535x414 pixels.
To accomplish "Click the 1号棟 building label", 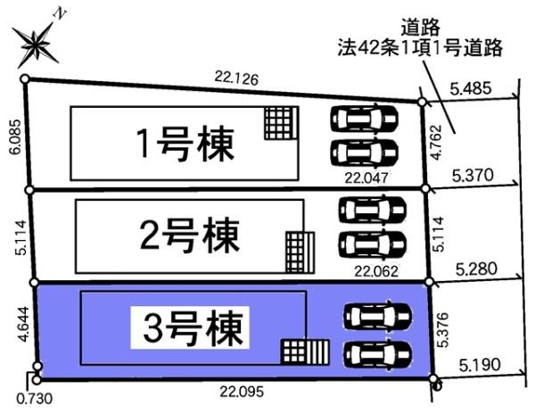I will (185, 144).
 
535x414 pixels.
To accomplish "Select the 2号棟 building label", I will (190, 236).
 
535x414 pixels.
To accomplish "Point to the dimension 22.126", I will (236, 79).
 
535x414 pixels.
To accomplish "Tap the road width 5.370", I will (473, 176).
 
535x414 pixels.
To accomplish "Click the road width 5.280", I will (473, 267).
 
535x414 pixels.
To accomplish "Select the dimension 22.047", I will (370, 178).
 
